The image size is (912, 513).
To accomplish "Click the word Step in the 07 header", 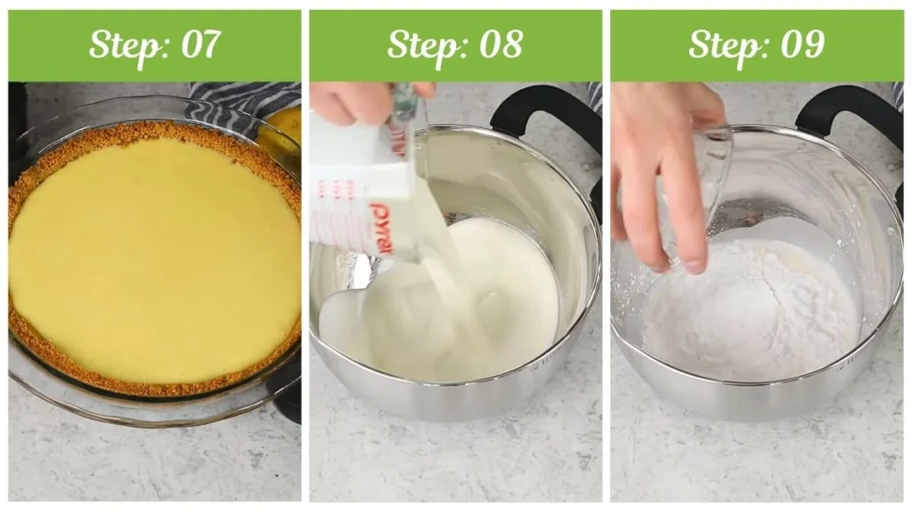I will coord(123,45).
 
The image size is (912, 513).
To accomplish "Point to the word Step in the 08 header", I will coord(423,45).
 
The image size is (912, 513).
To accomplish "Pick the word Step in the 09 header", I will coord(724,45).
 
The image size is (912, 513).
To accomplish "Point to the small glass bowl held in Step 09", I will coord(704,178).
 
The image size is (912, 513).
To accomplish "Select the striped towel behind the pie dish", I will coord(240,100).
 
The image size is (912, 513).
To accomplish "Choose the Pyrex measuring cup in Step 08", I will coord(361,187).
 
